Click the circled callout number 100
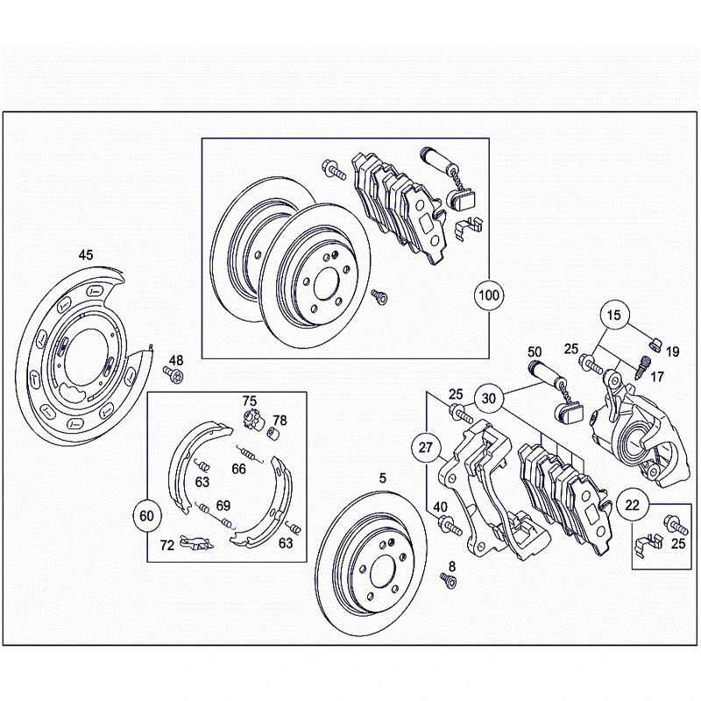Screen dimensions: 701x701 [488, 295]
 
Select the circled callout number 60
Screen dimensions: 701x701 [146, 516]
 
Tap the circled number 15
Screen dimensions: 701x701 [614, 315]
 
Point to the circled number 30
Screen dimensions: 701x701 [489, 398]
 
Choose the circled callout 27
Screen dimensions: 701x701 [427, 448]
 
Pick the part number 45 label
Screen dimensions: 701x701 [85, 255]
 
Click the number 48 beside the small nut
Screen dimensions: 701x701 [176, 360]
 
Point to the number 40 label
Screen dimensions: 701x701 [440, 507]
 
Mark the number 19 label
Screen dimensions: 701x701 [672, 351]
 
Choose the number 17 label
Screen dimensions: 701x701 [656, 378]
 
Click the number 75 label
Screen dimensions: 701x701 [250, 401]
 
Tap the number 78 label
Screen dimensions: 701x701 [280, 420]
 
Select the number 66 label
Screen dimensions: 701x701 [238, 469]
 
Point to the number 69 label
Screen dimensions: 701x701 [223, 505]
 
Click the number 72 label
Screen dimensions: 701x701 [166, 545]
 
